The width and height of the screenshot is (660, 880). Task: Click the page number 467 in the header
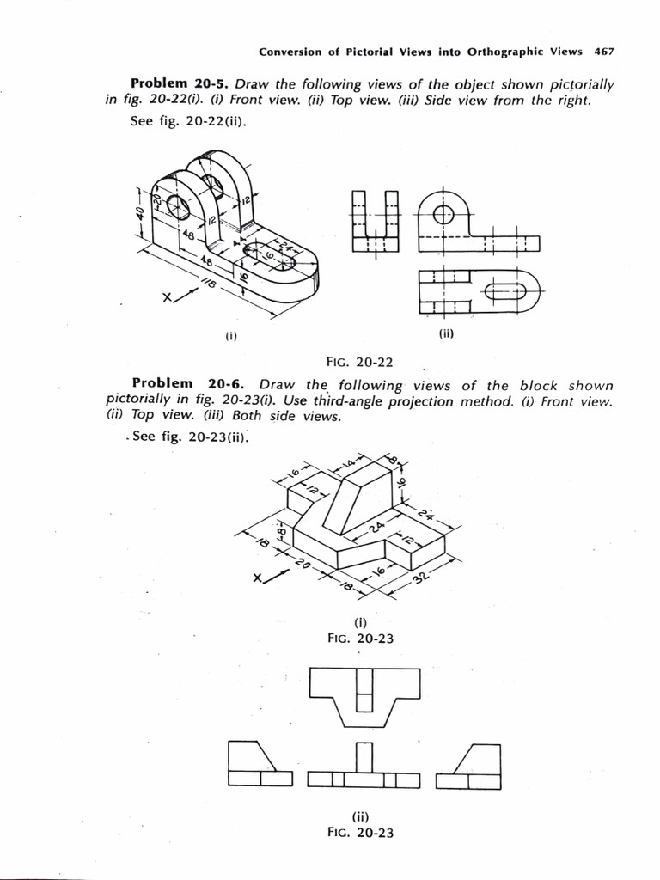pyautogui.click(x=604, y=52)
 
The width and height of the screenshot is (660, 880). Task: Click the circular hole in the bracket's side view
pyautogui.click(x=443, y=215)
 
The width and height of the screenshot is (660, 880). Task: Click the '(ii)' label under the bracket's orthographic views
pyautogui.click(x=446, y=334)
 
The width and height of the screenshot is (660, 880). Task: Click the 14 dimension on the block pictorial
pyautogui.click(x=351, y=465)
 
